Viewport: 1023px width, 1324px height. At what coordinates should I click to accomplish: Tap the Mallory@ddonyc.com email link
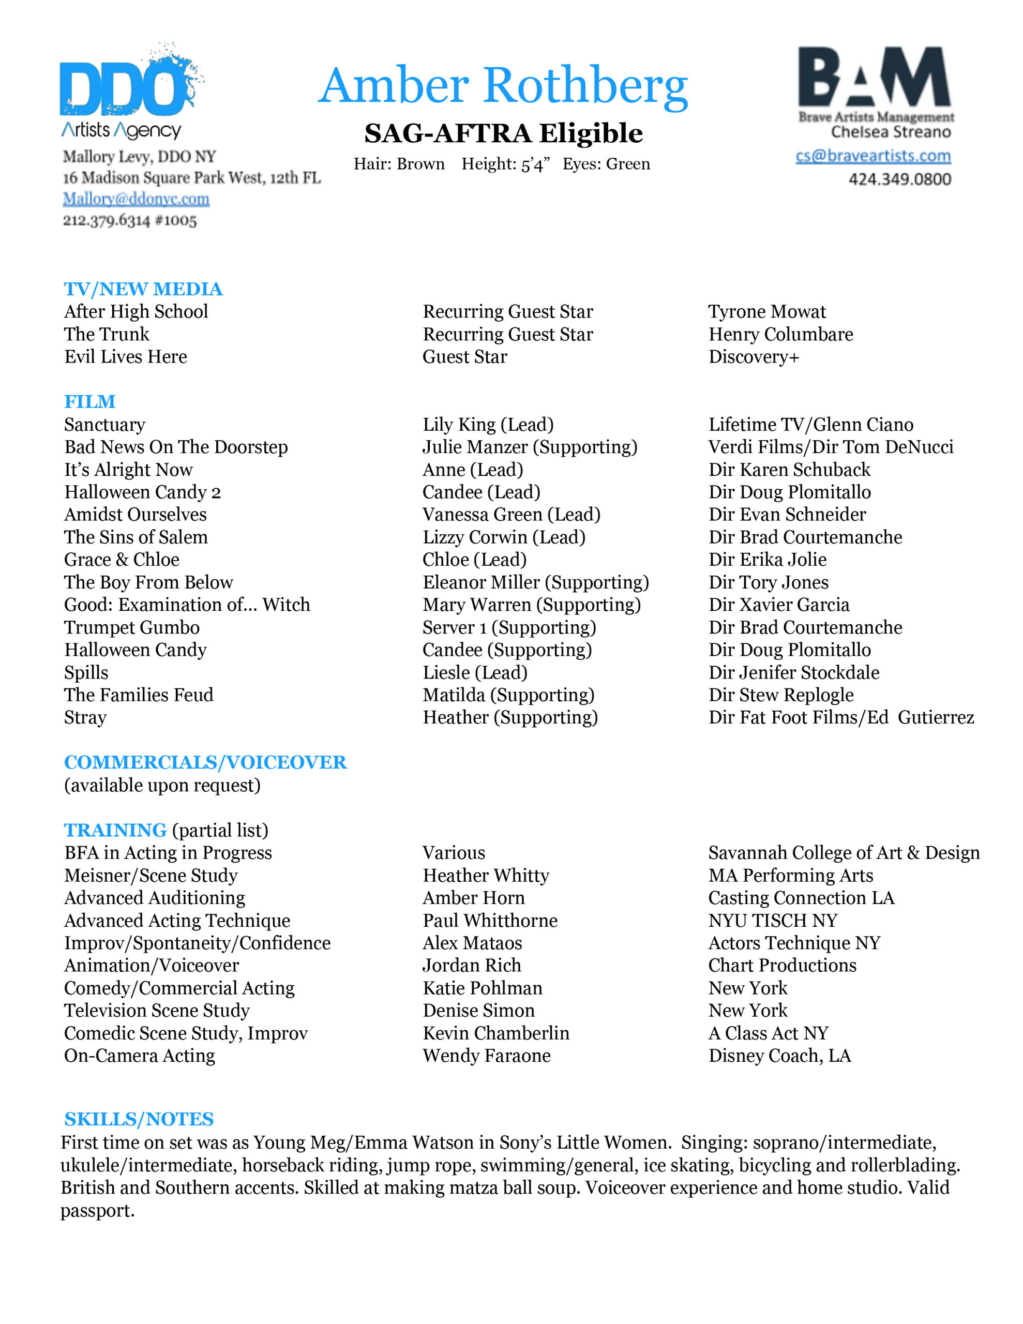click(x=136, y=199)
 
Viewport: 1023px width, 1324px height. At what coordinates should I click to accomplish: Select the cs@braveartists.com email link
click(x=872, y=156)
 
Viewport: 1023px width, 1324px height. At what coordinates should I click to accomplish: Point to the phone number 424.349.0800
click(x=899, y=179)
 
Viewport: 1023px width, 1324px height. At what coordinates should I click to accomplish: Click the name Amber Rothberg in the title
click(x=503, y=86)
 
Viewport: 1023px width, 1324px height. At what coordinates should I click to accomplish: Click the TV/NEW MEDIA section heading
click(x=143, y=289)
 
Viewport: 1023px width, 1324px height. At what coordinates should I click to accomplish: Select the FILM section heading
click(x=90, y=401)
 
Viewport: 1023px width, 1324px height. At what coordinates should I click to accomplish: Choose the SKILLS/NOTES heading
click(x=139, y=1119)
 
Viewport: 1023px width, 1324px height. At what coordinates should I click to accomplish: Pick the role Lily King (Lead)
click(x=488, y=425)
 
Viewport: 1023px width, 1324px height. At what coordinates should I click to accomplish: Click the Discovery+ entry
click(x=754, y=357)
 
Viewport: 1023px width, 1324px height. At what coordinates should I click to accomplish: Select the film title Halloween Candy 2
click(x=143, y=492)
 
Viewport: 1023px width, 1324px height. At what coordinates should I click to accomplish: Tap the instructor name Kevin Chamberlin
click(x=495, y=1033)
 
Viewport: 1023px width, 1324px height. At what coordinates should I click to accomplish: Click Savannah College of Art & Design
click(x=844, y=853)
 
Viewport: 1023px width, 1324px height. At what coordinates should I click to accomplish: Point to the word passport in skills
click(x=97, y=1211)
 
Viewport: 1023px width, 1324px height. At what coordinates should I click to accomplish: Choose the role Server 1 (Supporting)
click(x=509, y=627)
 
